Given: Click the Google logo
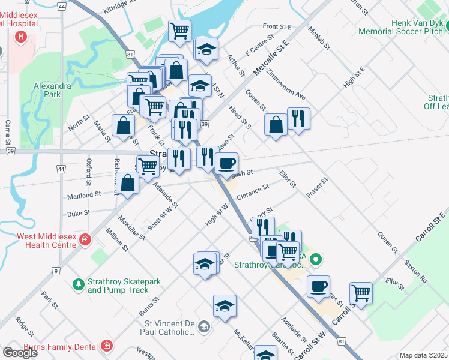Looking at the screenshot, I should click(20, 353).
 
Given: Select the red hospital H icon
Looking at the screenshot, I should click(22, 37).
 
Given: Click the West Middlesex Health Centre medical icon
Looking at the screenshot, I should click(85, 239).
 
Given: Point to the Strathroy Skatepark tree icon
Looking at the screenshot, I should click(77, 284).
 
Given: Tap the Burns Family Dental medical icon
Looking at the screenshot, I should click(106, 346).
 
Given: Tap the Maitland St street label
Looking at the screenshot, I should click(84, 195).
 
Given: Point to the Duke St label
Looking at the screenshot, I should click(78, 212).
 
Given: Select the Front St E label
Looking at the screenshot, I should click(277, 27).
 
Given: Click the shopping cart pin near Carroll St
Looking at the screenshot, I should click(361, 293).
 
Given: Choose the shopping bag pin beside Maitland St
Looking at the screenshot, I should click(128, 183).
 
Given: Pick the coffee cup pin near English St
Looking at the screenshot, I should click(226, 163).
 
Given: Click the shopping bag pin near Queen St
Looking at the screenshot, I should click(276, 125).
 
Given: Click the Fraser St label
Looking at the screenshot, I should click(316, 188).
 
